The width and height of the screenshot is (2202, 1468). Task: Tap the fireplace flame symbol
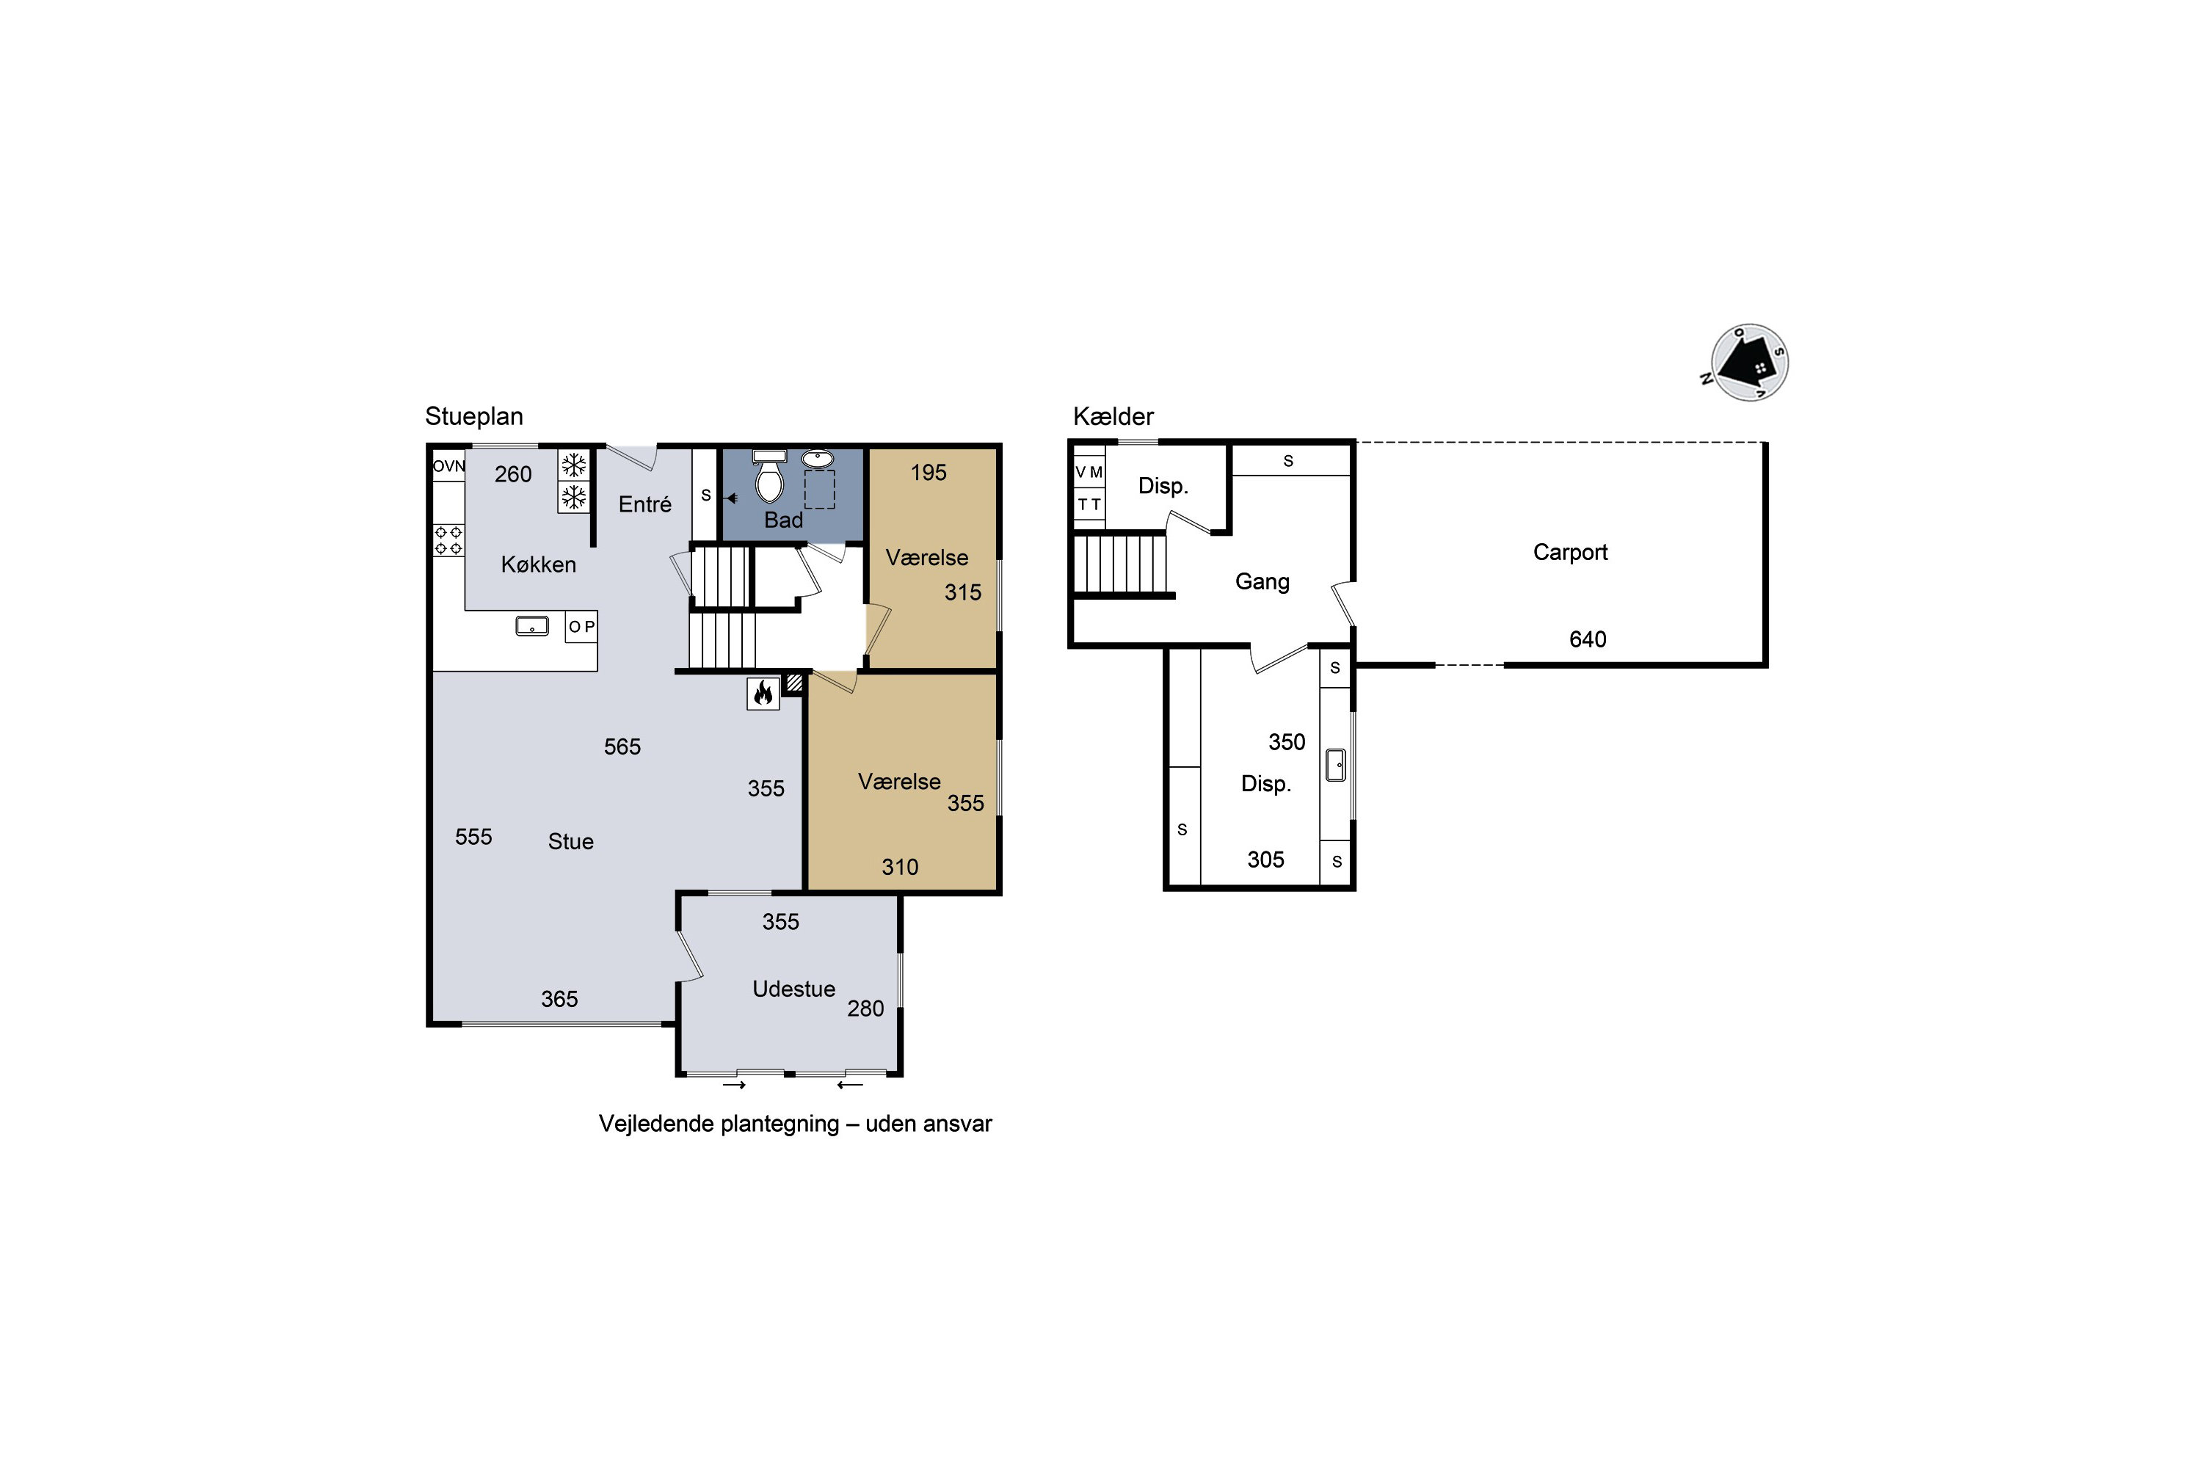point(763,693)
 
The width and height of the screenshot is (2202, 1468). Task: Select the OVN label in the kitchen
point(448,466)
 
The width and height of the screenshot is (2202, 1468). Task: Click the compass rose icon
point(1749,363)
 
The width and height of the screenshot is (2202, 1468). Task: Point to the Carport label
point(1570,553)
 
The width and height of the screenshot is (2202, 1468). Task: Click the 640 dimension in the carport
point(1588,639)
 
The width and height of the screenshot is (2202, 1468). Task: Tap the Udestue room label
point(794,989)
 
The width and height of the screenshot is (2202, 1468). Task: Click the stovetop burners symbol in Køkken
point(448,540)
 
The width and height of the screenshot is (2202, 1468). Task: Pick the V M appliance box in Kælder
point(1089,472)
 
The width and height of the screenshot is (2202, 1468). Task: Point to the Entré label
point(645,505)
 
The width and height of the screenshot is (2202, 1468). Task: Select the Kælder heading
point(1113,415)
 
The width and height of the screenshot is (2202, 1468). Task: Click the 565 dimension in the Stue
point(622,747)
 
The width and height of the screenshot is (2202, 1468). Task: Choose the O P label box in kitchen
point(581,626)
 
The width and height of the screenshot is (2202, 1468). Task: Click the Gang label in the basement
point(1262,582)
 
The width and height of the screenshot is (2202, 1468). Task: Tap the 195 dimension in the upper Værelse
point(929,473)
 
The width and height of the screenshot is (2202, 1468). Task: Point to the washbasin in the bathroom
point(818,459)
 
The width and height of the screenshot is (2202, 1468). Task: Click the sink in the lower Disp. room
point(1336,765)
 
